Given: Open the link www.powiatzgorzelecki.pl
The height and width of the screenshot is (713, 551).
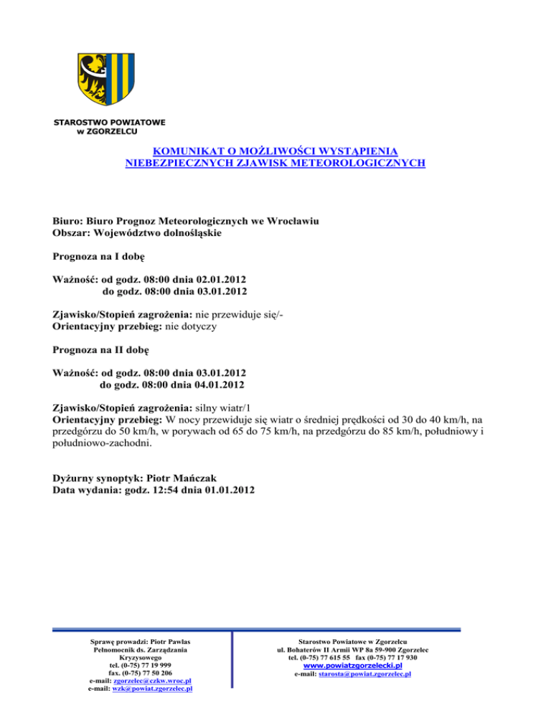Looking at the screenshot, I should pos(352,666).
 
